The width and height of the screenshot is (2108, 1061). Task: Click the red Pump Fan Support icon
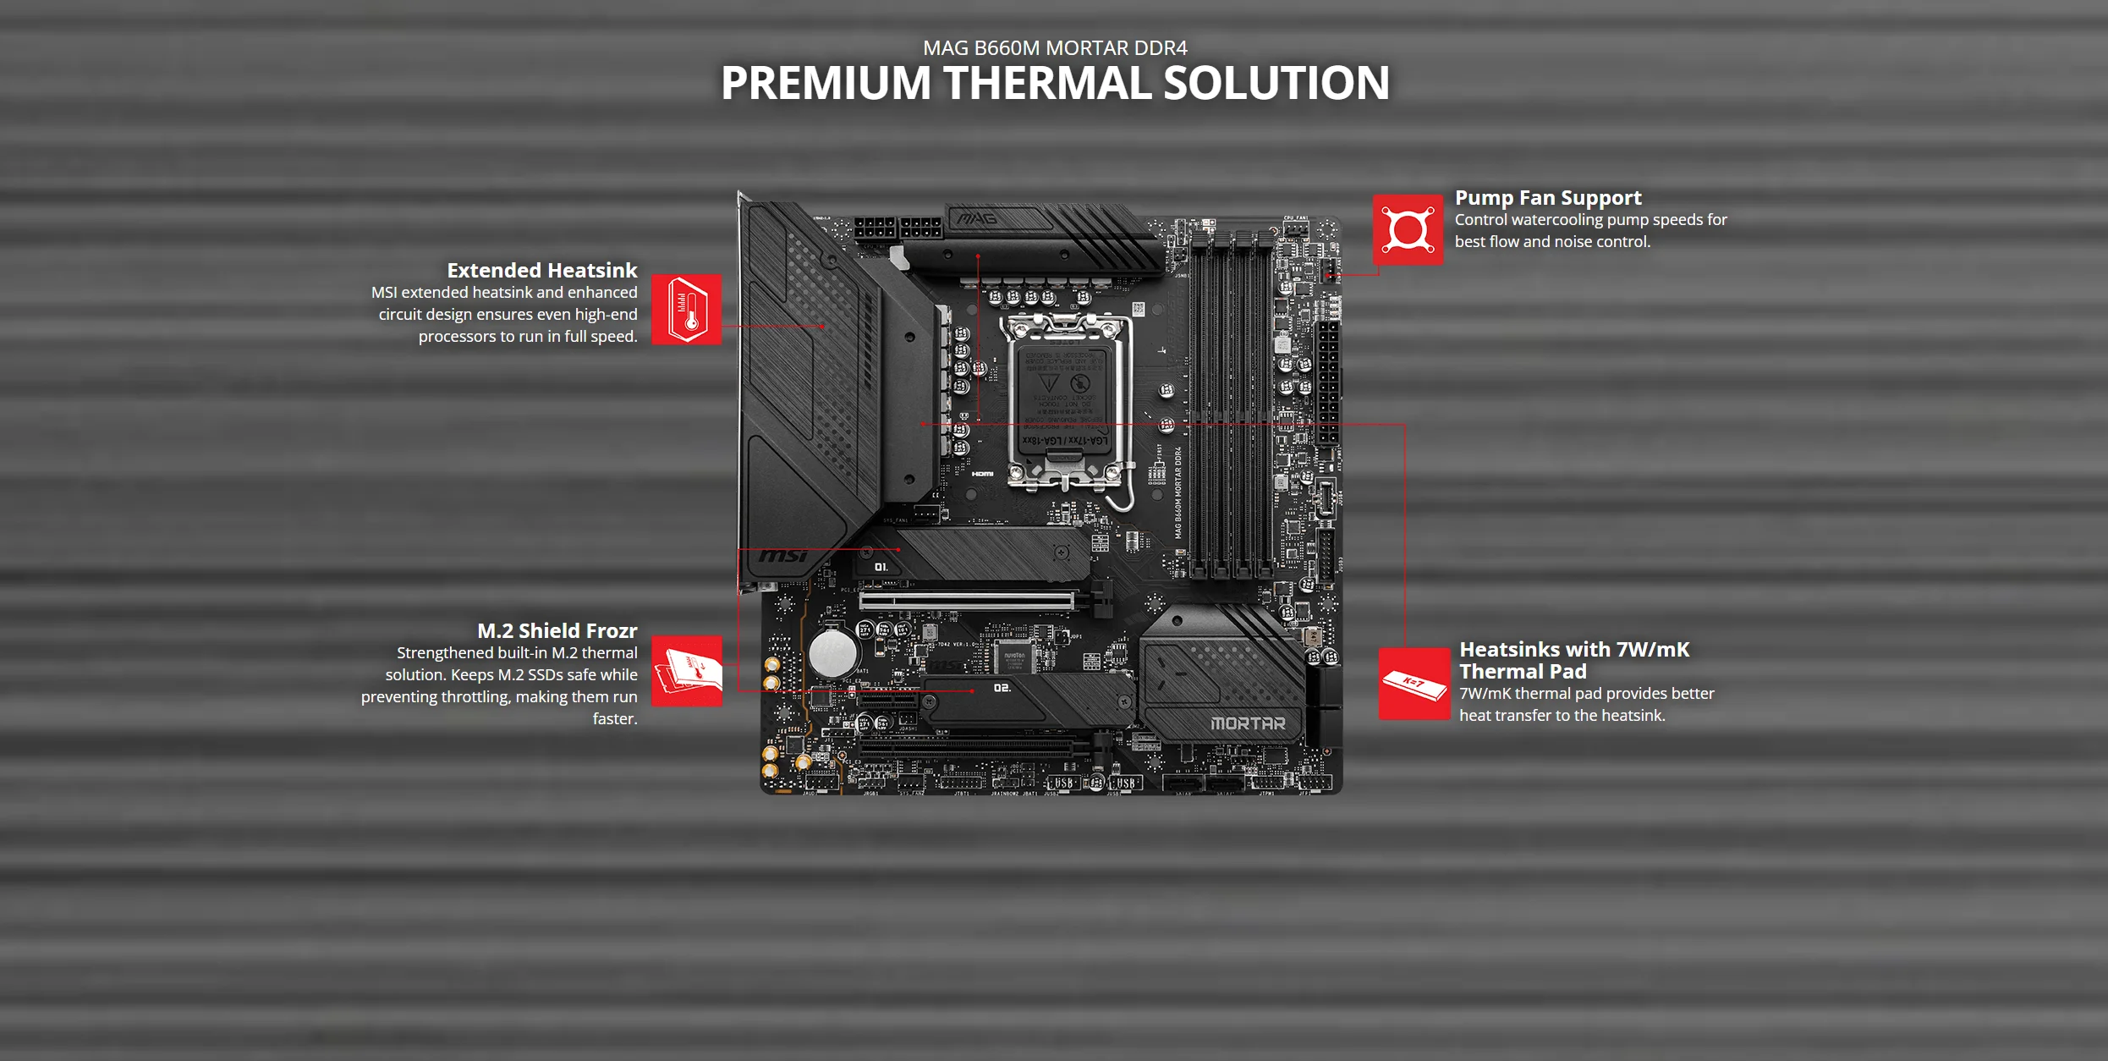point(1408,229)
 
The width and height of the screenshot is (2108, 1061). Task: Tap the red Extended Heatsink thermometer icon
point(686,310)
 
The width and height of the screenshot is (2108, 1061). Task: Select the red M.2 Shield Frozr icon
point(686,671)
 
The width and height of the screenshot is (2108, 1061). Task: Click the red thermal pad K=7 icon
point(1414,684)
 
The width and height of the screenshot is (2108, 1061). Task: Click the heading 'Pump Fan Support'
point(1547,198)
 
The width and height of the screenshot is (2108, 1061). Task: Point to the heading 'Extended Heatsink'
point(541,271)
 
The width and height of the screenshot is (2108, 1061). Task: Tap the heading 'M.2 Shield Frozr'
point(557,631)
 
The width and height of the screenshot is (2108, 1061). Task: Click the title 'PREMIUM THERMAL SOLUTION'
point(1055,83)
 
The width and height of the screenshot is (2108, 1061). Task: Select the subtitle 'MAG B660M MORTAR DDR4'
point(1055,48)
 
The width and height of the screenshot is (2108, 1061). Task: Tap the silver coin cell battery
point(832,653)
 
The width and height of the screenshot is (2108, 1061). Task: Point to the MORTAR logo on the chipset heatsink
point(1248,724)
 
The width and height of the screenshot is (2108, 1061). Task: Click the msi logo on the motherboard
point(782,556)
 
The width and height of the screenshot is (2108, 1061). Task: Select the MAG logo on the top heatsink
point(977,219)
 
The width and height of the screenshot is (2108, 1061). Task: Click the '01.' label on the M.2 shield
point(881,567)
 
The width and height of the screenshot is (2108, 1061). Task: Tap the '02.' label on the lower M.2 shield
point(1002,688)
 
